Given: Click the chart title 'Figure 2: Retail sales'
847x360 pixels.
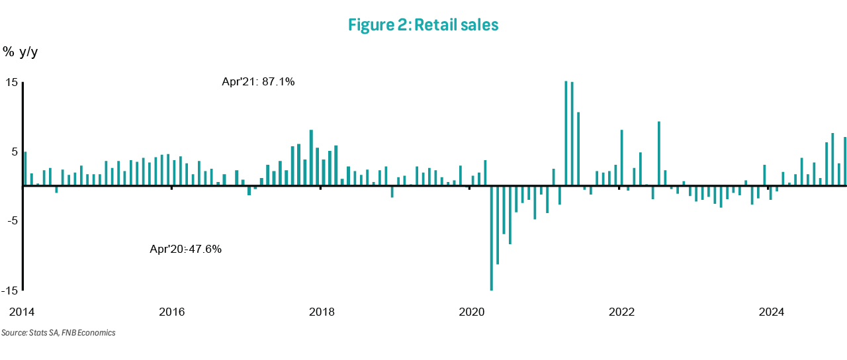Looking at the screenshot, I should click(423, 25).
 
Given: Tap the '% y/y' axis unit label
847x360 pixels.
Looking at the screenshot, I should click(21, 52).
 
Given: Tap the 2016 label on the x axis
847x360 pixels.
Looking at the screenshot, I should click(172, 312).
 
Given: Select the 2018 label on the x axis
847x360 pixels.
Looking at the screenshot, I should click(322, 312).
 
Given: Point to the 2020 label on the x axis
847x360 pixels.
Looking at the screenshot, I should click(472, 312).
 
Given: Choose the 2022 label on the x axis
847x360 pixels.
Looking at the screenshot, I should click(622, 312).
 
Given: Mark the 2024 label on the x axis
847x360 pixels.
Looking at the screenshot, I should click(772, 312).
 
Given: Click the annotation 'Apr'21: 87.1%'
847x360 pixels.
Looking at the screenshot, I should click(258, 82).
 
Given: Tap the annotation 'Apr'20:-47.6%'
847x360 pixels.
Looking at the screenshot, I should click(186, 249).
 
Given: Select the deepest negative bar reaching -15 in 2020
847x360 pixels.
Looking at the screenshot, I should click(492, 238).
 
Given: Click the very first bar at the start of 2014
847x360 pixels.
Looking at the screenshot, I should click(25, 169).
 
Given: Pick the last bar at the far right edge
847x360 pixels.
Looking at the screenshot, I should click(845, 161).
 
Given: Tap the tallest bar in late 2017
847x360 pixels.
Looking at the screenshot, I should click(312, 157).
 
